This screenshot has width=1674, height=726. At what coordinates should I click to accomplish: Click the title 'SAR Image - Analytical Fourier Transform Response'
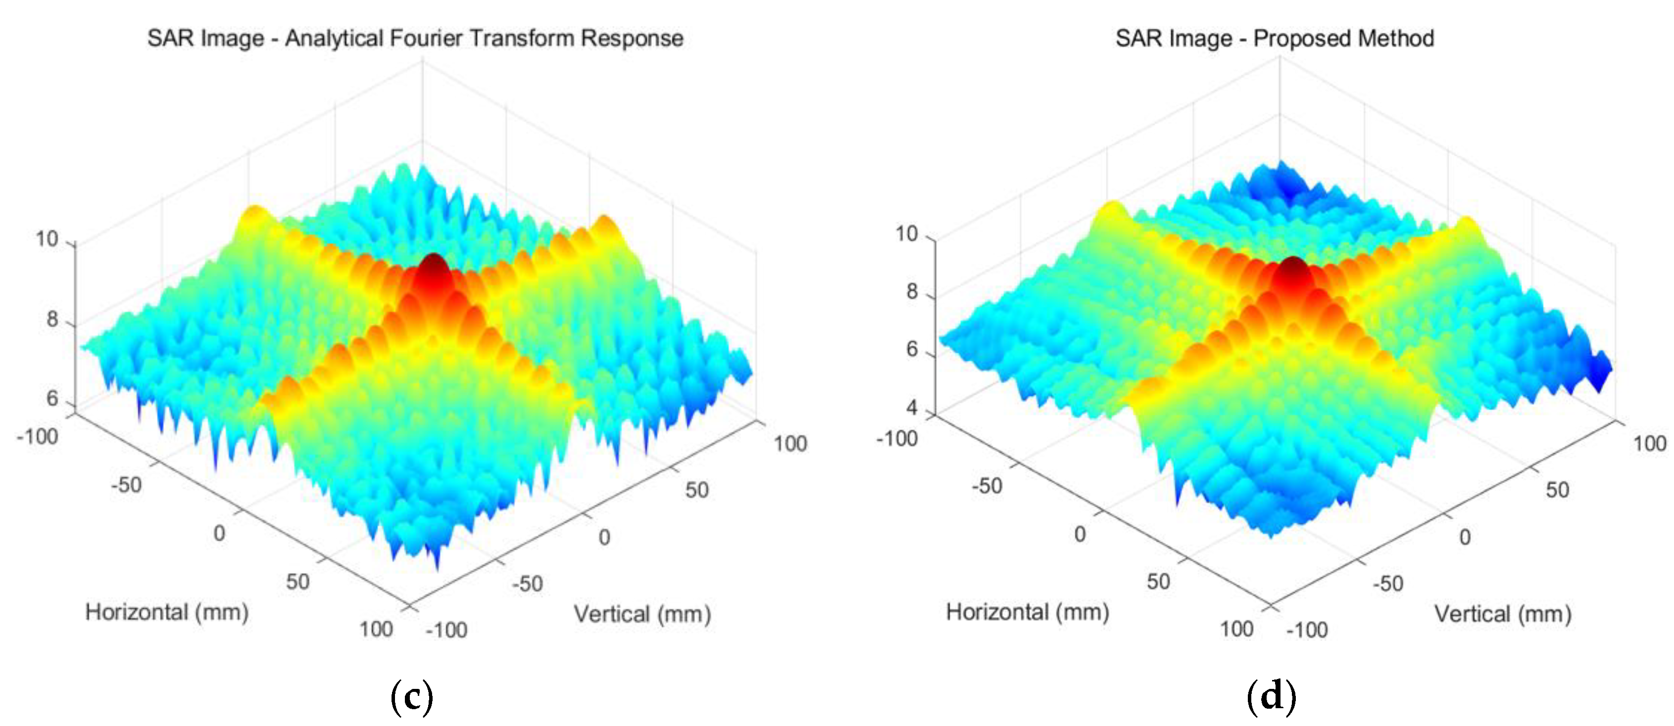(415, 38)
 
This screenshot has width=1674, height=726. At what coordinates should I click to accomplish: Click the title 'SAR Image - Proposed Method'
(1275, 38)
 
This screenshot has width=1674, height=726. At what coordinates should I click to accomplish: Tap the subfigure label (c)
(411, 696)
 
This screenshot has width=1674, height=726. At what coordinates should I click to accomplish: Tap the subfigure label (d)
(1271, 696)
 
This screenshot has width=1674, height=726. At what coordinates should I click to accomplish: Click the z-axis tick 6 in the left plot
(52, 398)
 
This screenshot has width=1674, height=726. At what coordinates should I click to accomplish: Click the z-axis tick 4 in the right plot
(912, 408)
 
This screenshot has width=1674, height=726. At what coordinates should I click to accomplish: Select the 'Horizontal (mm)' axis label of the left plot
(167, 612)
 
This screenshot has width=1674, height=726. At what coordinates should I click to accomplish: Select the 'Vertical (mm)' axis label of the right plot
(1502, 614)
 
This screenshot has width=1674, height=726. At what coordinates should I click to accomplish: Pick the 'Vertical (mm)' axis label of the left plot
(642, 614)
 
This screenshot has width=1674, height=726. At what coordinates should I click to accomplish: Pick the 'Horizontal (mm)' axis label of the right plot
(1027, 612)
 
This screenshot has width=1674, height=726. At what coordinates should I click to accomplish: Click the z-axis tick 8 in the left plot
(52, 319)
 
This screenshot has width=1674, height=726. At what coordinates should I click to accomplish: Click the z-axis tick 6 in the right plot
(912, 350)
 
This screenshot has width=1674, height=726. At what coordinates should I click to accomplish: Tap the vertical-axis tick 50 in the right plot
(1557, 489)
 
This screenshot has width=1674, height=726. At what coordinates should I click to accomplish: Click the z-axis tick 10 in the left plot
(47, 239)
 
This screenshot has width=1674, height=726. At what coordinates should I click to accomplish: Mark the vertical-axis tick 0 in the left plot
(604, 537)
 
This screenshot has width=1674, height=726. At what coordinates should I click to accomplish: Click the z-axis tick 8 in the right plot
(912, 292)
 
